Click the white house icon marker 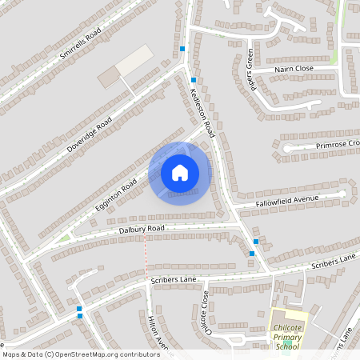coord(180,172)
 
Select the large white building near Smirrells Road coord(134,60)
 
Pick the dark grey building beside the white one coord(108,78)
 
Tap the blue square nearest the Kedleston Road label coord(194,80)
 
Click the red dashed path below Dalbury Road coord(146,252)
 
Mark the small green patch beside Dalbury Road coord(64,238)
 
